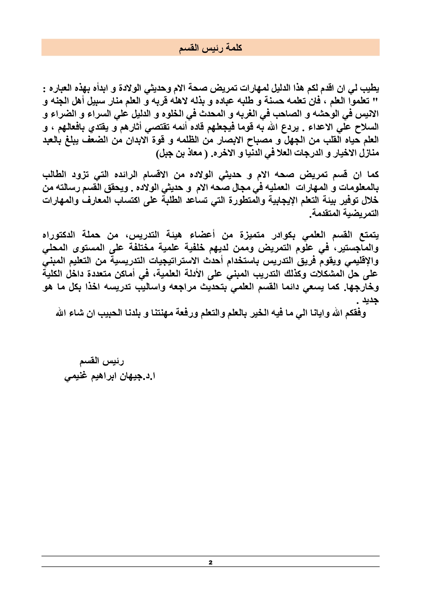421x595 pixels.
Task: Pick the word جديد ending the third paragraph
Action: tap(371, 300)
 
